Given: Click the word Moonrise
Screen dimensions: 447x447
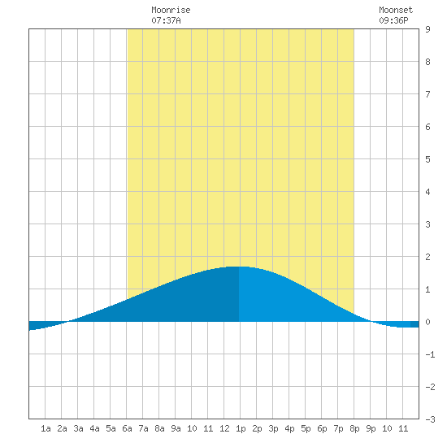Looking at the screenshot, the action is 171,10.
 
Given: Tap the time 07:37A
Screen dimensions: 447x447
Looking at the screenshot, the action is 166,20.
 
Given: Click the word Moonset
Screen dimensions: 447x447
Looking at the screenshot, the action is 396,10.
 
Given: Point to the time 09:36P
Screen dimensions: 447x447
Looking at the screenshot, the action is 393,20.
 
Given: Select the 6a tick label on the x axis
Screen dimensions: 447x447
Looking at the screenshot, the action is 127,428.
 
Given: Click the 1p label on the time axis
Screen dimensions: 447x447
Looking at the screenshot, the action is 241,429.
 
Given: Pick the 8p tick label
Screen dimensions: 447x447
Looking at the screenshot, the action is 354,429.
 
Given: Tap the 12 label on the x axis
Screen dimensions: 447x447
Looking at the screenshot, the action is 224,428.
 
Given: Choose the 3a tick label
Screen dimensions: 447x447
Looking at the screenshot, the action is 78,428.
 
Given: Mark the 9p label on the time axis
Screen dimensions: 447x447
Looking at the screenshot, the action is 371,429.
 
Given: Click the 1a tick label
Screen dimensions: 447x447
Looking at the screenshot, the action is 46,428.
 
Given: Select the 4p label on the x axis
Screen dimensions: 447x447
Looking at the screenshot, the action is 289,429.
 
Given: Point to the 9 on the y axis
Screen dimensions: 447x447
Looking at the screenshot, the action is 427,29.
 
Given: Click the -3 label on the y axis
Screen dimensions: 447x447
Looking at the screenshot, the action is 430,419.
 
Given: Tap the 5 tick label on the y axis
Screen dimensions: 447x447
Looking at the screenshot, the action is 427,159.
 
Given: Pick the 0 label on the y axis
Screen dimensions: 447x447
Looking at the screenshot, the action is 427,322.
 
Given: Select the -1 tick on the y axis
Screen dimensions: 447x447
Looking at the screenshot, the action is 430,354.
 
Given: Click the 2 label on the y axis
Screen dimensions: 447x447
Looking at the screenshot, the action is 427,257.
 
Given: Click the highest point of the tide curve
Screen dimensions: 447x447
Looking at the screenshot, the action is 238,267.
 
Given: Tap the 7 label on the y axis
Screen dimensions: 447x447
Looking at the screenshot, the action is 427,94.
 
